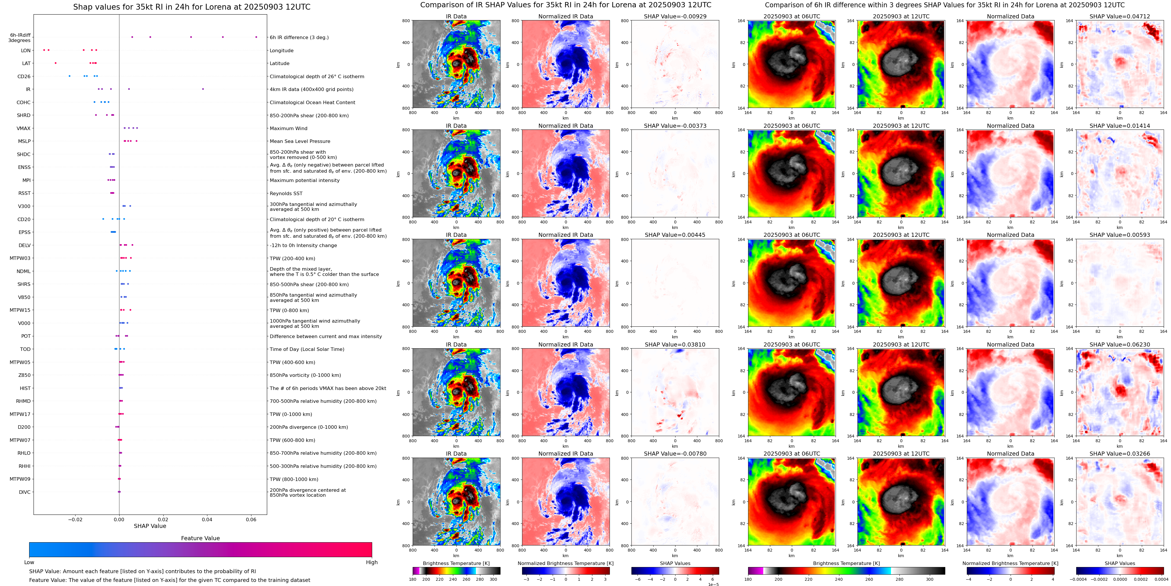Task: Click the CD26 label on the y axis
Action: [24, 76]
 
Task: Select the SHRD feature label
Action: [24, 116]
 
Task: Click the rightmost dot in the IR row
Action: [203, 89]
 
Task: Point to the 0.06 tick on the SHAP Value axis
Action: [251, 519]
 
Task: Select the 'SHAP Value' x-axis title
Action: [150, 526]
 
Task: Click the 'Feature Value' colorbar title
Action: [200, 538]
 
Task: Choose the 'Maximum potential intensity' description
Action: [304, 181]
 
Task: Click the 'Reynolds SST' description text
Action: [286, 193]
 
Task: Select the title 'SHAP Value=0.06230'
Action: [1120, 344]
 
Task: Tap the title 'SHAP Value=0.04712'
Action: [1120, 16]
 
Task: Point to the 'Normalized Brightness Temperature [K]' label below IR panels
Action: [566, 563]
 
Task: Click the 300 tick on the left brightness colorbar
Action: [493, 579]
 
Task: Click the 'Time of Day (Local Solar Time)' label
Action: [307, 349]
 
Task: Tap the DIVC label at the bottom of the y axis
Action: [24, 492]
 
